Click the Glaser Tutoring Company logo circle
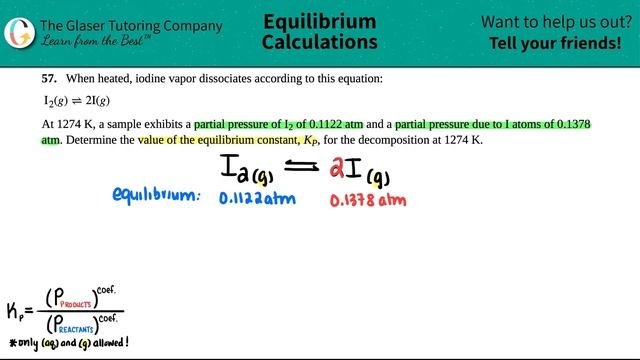[x=17, y=29]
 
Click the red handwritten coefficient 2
[x=339, y=170]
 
